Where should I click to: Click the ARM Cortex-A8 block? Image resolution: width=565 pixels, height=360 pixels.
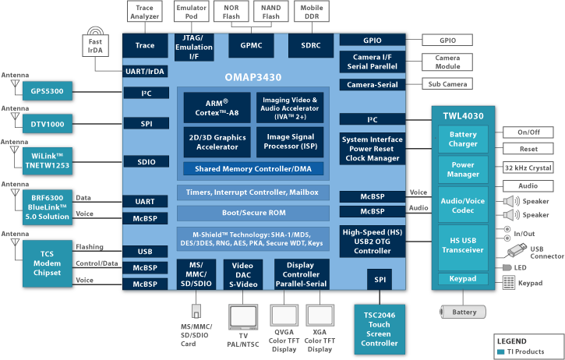pyautogui.click(x=217, y=108)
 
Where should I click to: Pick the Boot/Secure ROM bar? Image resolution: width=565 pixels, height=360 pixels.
pyautogui.click(x=252, y=213)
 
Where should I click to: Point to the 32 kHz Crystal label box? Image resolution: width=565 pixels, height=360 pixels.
pyautogui.click(x=528, y=168)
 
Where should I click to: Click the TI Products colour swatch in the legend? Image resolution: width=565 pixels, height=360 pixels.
pyautogui.click(x=500, y=351)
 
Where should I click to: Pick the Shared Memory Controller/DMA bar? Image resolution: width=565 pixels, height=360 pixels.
pyautogui.click(x=252, y=168)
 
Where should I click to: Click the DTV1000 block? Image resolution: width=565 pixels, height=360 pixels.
pyautogui.click(x=47, y=123)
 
